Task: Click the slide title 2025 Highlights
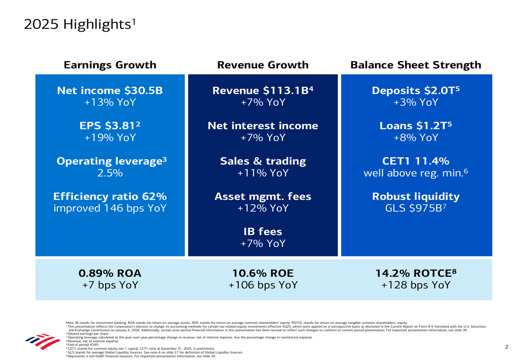[79, 25]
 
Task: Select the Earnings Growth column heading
[110, 65]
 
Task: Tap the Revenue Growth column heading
[262, 65]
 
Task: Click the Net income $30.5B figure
[110, 90]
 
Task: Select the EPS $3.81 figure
[110, 126]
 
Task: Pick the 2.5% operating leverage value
[110, 173]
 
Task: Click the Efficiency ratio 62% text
[110, 197]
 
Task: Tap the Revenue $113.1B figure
[262, 90]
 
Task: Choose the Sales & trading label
[262, 161]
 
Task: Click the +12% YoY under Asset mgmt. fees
[262, 208]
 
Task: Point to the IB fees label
[262, 232]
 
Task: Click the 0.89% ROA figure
[110, 273]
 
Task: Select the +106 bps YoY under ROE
[262, 285]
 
